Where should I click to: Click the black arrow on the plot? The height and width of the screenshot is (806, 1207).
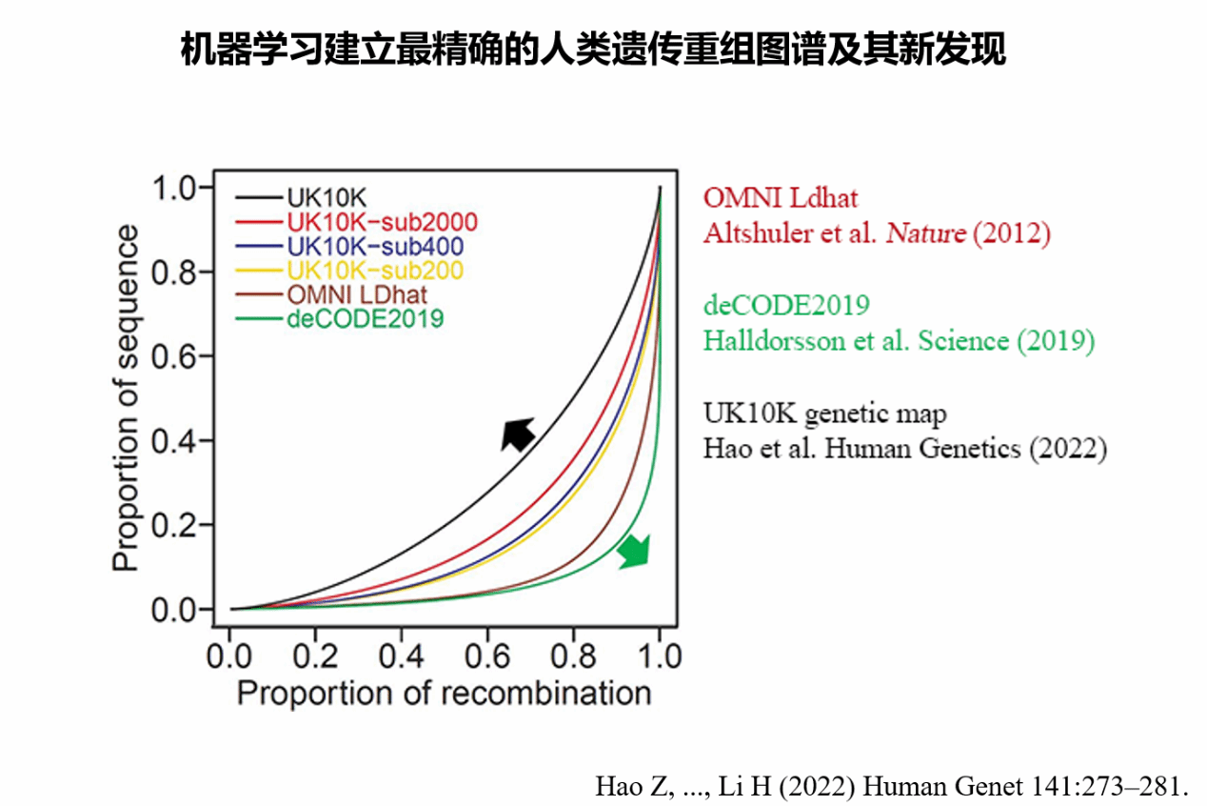coord(518,433)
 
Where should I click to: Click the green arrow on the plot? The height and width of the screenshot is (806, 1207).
coord(634,551)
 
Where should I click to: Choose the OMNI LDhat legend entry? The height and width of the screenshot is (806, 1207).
coord(356,294)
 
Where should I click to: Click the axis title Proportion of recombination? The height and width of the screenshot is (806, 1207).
coord(444,693)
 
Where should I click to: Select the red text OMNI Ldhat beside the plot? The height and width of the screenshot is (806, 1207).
coord(781,197)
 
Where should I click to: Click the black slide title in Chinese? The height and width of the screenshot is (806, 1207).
coord(593,50)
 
